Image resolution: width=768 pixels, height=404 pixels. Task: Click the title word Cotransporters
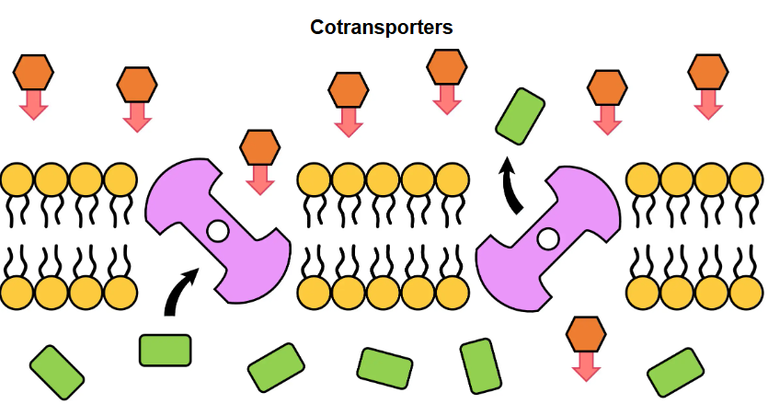[x=382, y=28]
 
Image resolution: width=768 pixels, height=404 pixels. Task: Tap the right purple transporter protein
[x=548, y=237]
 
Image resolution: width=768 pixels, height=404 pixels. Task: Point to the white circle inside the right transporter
[x=547, y=239]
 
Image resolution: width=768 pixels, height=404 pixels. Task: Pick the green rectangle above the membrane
[x=520, y=116]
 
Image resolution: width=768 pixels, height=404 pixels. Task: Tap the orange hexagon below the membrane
[x=584, y=333]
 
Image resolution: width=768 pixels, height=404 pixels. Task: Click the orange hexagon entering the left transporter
[x=259, y=146]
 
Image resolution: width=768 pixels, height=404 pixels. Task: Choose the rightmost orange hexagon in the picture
[x=708, y=71]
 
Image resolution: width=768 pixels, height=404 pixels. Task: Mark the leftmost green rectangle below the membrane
[x=57, y=372]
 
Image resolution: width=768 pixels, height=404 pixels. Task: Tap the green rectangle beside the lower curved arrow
[x=165, y=350]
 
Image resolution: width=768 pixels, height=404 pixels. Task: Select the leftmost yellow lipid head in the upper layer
[x=17, y=179]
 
